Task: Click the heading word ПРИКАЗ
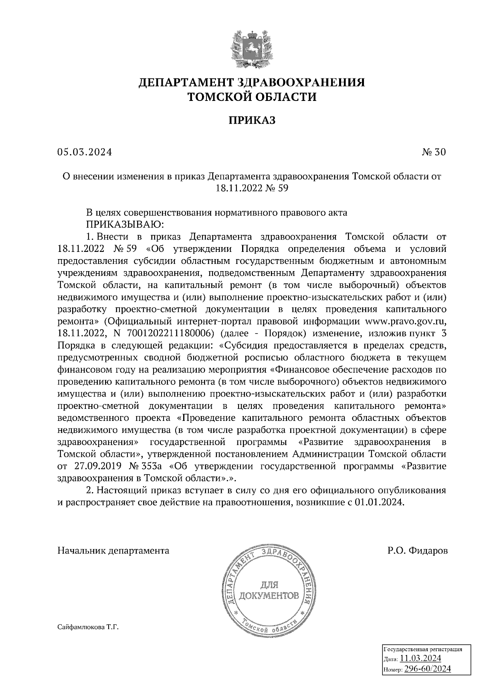pos(252,120)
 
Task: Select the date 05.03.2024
pos(85,152)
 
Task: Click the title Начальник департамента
pos(113,551)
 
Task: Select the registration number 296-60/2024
pos(427,669)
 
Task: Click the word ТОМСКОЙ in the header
pos(216,97)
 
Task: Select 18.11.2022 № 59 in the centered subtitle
pos(252,188)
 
